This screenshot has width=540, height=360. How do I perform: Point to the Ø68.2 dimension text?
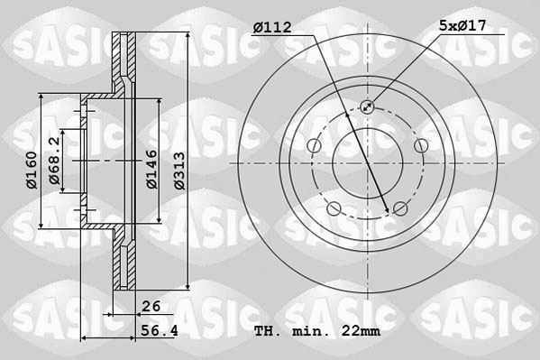(x=56, y=162)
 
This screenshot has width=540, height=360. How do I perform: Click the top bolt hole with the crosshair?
(x=367, y=107)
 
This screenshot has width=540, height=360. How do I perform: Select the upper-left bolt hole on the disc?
(x=313, y=147)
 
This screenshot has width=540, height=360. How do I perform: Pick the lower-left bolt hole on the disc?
(x=334, y=210)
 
